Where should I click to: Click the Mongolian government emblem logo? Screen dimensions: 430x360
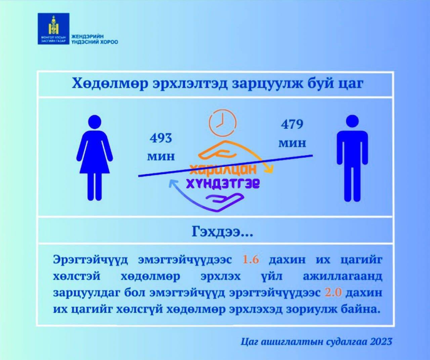click(x=53, y=29)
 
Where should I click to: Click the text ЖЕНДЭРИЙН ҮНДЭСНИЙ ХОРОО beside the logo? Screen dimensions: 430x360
click(x=94, y=39)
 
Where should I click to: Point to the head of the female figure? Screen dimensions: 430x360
click(x=94, y=121)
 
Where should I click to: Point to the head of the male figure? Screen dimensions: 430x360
click(x=352, y=121)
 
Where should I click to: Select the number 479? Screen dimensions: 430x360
click(x=292, y=124)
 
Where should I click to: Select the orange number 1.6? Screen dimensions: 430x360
click(x=251, y=259)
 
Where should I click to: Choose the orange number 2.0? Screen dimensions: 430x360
click(x=333, y=292)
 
